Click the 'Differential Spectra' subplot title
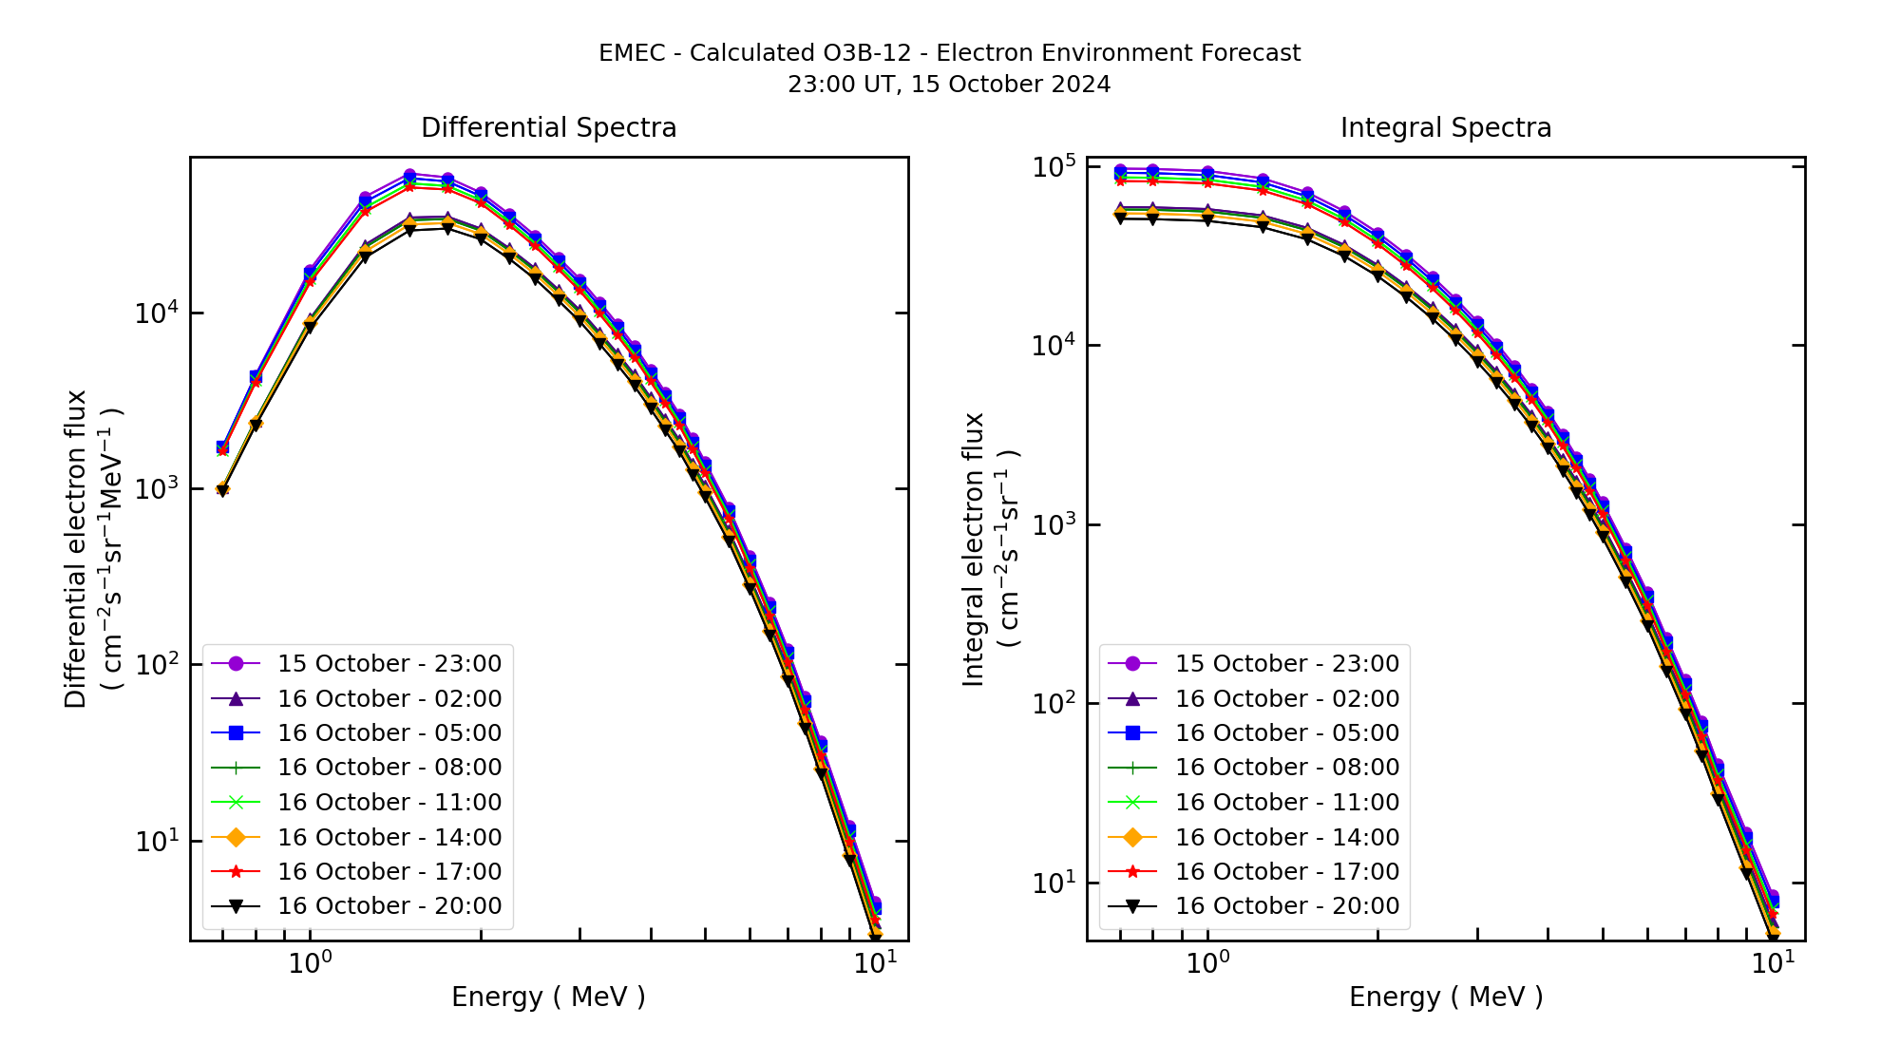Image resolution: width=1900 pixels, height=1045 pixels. [x=548, y=127]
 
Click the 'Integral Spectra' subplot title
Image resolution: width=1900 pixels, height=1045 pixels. [x=1445, y=127]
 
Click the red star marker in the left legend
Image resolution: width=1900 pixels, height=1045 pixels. [x=237, y=871]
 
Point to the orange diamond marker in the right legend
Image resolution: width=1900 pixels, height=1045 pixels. [x=1133, y=837]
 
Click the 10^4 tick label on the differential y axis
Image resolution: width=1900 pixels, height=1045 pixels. [x=155, y=313]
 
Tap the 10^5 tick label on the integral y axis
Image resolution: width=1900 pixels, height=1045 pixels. [x=1053, y=167]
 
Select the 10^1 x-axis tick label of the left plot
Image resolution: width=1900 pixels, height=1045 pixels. [x=874, y=963]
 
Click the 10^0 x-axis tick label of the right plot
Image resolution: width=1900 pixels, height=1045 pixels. [x=1206, y=963]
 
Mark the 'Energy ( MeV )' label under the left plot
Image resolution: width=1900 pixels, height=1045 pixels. [x=548, y=997]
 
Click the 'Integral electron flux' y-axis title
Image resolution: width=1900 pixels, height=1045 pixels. [x=974, y=549]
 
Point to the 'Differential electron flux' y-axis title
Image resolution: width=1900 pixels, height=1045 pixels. [x=76, y=549]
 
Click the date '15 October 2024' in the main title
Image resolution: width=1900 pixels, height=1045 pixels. [x=1011, y=85]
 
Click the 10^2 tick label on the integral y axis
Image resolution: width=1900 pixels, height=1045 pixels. [x=1053, y=704]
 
